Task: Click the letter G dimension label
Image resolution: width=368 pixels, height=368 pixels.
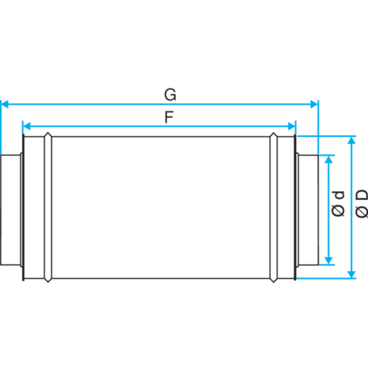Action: click(170, 95)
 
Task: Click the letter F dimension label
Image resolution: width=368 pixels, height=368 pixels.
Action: click(169, 117)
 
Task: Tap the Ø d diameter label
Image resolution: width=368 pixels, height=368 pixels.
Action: click(339, 204)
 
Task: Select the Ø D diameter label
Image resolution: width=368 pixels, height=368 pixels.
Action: click(362, 204)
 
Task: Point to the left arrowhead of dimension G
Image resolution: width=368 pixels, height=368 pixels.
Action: click(5, 104)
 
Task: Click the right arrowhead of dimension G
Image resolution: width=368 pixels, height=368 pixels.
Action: click(314, 104)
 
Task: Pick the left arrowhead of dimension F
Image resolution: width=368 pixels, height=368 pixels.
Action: click(26, 127)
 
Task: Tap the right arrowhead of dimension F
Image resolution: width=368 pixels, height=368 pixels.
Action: click(291, 127)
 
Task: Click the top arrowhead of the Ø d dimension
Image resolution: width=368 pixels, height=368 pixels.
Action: click(328, 159)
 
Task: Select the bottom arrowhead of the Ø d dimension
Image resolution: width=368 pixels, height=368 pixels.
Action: click(328, 261)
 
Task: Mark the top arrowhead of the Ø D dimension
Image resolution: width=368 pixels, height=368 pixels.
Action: click(352, 140)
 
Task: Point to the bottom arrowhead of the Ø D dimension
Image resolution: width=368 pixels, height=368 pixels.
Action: click(352, 275)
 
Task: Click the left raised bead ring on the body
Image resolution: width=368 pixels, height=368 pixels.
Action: click(48, 208)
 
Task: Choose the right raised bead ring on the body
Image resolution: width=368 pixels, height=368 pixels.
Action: click(274, 208)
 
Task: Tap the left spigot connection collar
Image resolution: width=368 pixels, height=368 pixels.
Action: click(11, 210)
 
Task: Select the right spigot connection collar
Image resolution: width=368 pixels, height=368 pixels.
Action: click(308, 210)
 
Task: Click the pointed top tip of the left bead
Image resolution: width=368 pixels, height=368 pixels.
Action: click(48, 132)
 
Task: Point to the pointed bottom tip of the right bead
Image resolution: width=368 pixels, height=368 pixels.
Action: click(274, 282)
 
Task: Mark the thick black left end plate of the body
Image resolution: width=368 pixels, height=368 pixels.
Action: click(24, 208)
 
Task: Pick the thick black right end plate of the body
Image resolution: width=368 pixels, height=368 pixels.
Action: click(295, 208)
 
